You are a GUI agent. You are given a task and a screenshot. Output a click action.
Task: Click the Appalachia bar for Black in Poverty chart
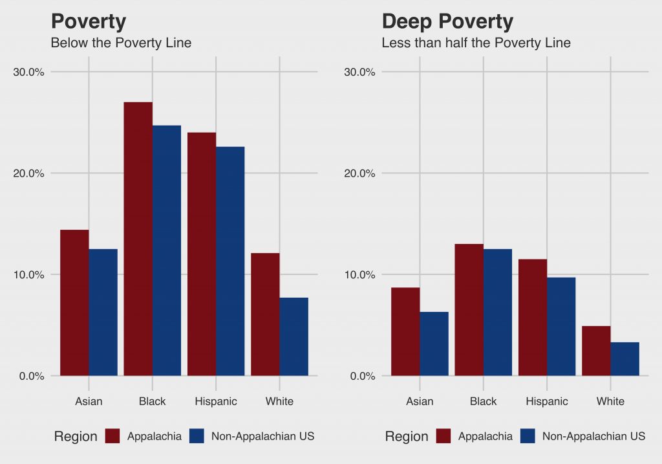[138, 239]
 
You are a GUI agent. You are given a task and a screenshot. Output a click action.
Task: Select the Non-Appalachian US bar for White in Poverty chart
[294, 337]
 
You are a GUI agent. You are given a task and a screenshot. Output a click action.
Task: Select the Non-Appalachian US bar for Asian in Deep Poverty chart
[434, 344]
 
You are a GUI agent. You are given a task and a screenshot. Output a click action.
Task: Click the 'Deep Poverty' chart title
[447, 21]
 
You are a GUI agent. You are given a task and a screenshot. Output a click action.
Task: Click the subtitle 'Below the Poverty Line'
[121, 43]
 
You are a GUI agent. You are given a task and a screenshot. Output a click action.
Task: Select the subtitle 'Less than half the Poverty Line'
[476, 43]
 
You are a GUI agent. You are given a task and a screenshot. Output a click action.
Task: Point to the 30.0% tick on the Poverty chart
[29, 72]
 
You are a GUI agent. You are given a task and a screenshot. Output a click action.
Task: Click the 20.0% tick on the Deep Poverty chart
[359, 173]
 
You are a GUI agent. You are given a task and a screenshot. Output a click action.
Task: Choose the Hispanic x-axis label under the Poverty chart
[216, 401]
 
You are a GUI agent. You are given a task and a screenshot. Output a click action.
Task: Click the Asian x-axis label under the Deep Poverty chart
[420, 401]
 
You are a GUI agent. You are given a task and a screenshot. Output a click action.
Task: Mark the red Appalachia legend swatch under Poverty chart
[113, 436]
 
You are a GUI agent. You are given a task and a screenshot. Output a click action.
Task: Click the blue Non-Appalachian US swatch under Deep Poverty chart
[528, 436]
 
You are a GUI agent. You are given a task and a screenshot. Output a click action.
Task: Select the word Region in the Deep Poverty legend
[406, 437]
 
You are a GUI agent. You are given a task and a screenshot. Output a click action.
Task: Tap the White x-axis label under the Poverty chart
[279, 401]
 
